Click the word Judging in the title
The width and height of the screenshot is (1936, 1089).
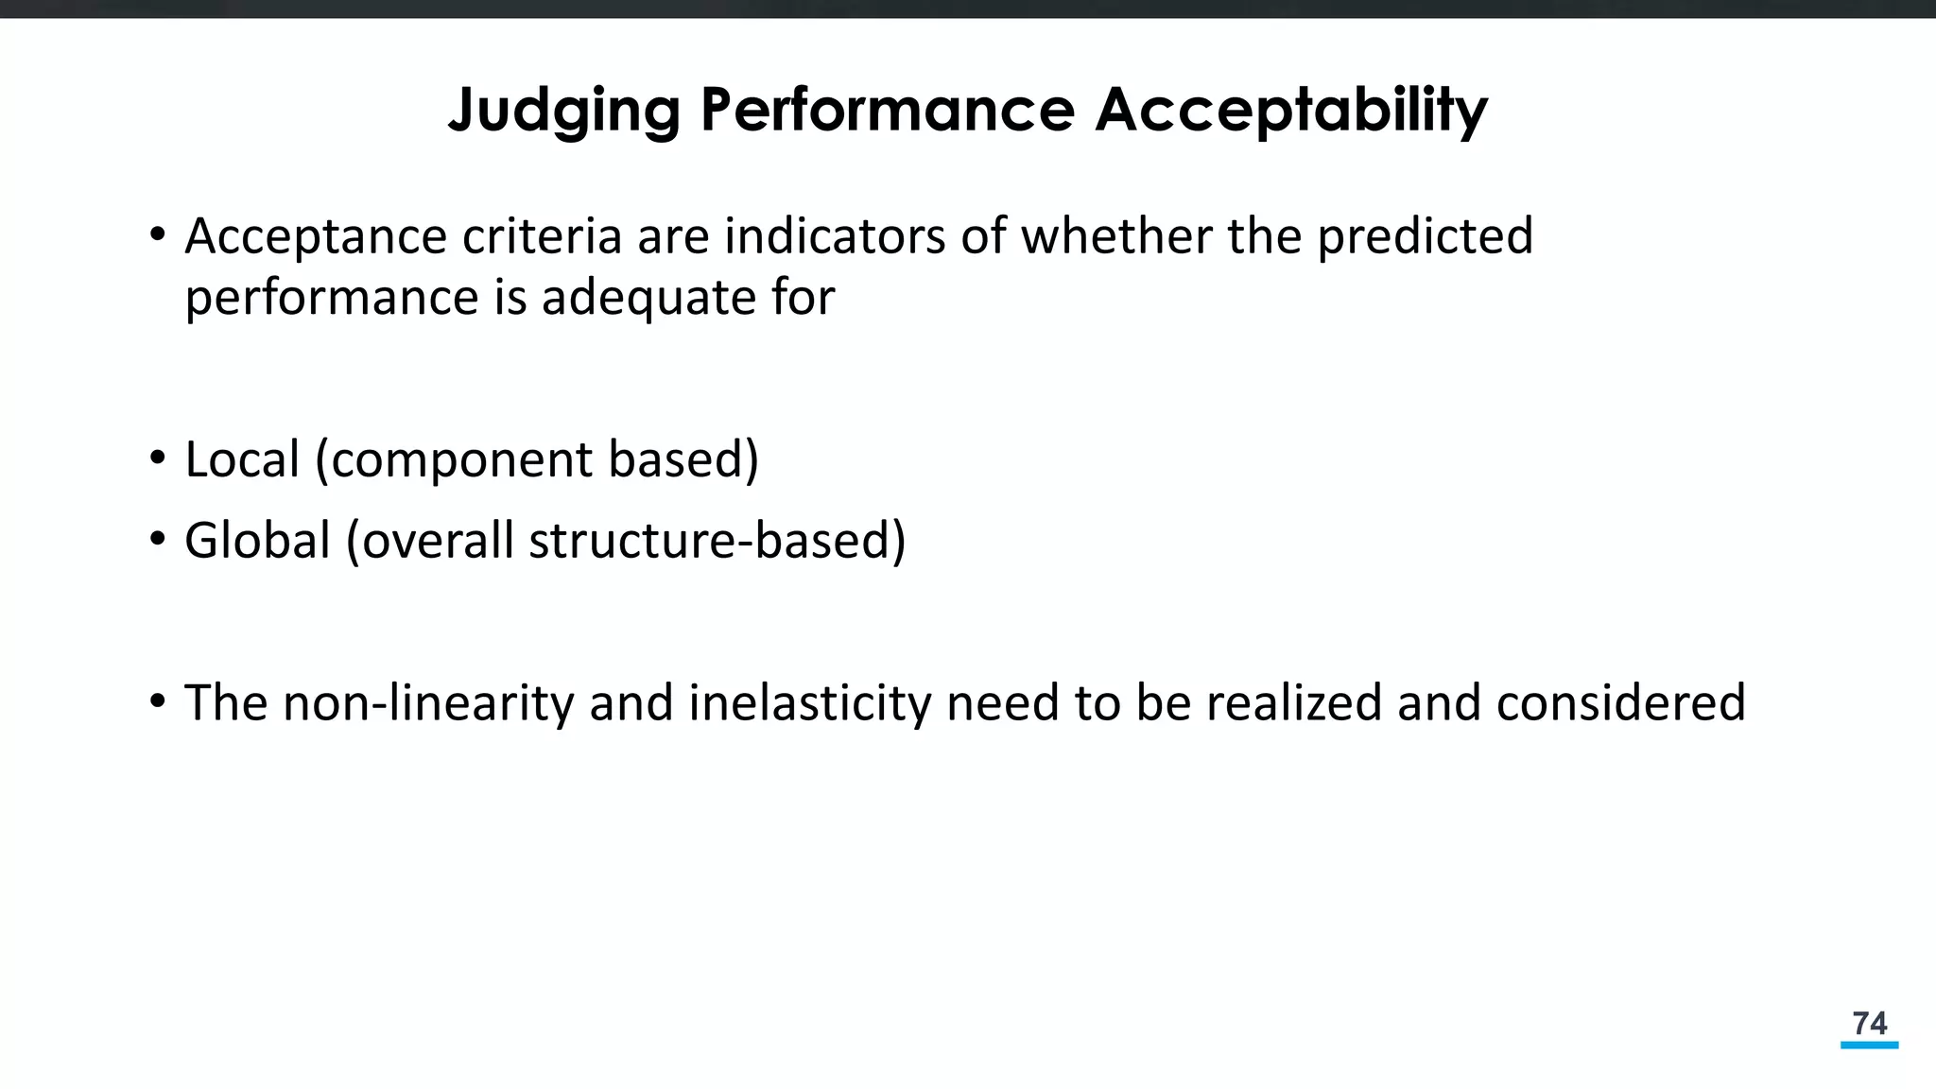pyautogui.click(x=563, y=112)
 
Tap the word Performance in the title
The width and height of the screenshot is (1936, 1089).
pyautogui.click(x=887, y=110)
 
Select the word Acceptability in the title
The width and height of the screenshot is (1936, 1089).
pyautogui.click(x=1291, y=112)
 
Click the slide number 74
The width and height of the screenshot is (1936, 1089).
pyautogui.click(x=1869, y=1023)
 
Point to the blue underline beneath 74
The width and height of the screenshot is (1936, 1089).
pyautogui.click(x=1869, y=1046)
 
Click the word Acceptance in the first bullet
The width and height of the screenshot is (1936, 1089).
pyautogui.click(x=316, y=236)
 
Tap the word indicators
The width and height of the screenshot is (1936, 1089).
pyautogui.click(x=835, y=236)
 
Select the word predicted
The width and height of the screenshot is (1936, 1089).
pyautogui.click(x=1425, y=236)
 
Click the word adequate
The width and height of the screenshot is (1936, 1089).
pyautogui.click(x=648, y=299)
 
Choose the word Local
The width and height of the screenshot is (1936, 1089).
pyautogui.click(x=242, y=459)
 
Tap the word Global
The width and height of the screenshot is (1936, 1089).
pyautogui.click(x=257, y=541)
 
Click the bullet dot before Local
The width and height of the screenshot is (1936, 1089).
pyautogui.click(x=158, y=459)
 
